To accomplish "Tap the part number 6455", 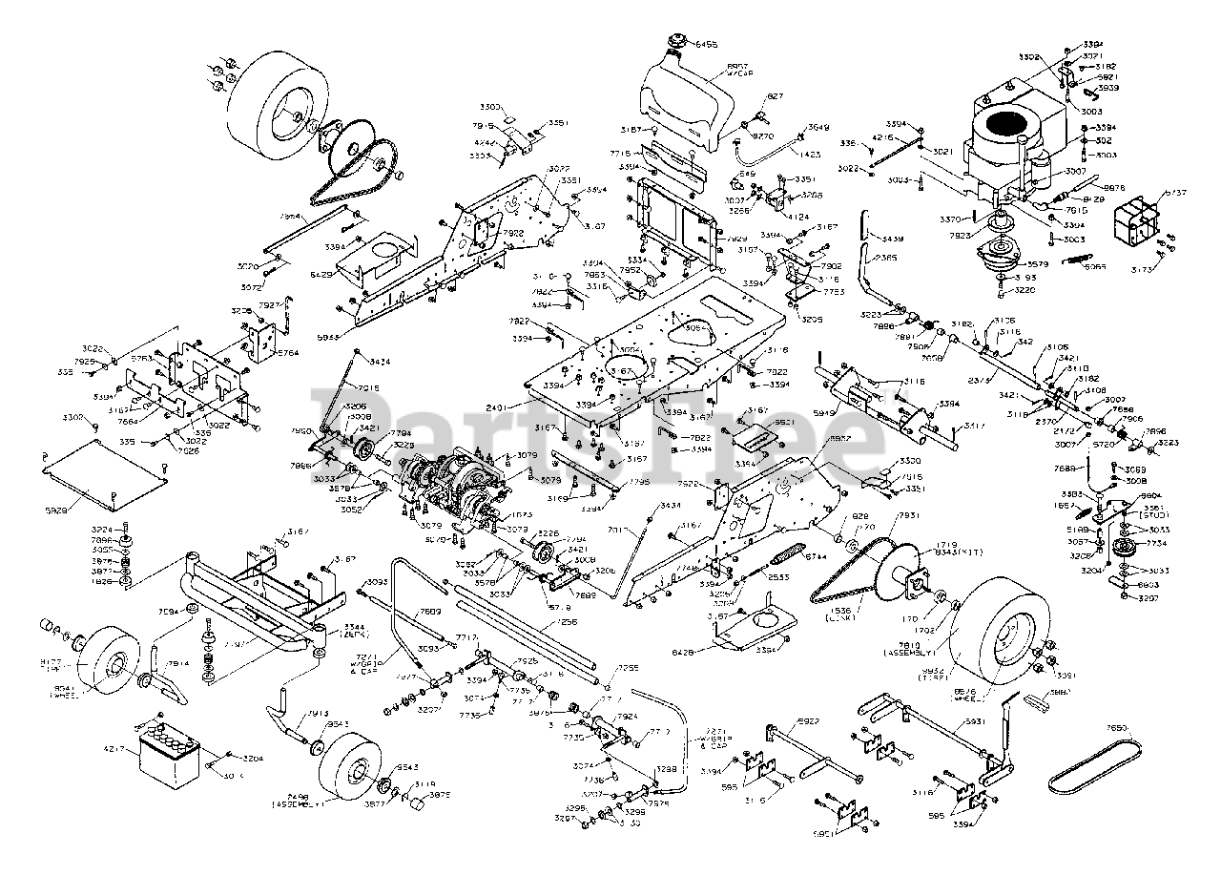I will point(710,45).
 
